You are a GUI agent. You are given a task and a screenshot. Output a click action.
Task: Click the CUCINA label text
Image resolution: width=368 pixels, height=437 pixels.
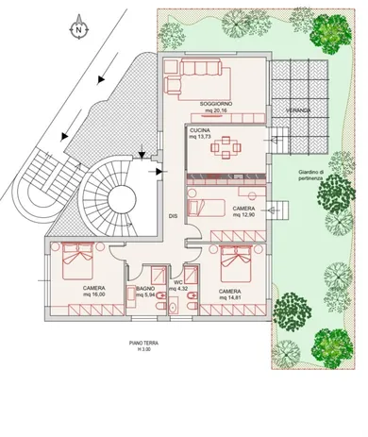200,130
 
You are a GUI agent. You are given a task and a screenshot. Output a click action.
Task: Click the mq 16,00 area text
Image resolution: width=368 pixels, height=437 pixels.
93,294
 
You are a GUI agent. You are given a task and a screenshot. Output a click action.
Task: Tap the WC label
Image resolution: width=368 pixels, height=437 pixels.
176,282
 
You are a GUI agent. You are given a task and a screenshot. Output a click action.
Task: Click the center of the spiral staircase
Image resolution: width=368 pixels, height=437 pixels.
121,198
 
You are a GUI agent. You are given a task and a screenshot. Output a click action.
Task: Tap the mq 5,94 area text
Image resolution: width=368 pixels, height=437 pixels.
144,294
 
